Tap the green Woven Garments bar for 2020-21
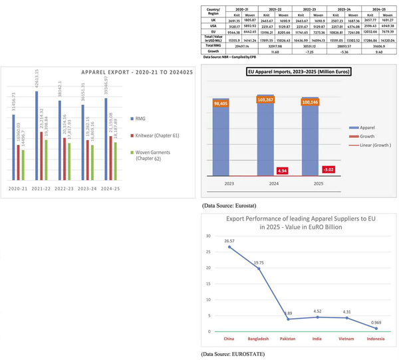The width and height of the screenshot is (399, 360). pos(23,165)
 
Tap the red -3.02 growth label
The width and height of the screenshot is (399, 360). pos(331,169)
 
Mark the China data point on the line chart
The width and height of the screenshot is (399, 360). pos(231,247)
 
